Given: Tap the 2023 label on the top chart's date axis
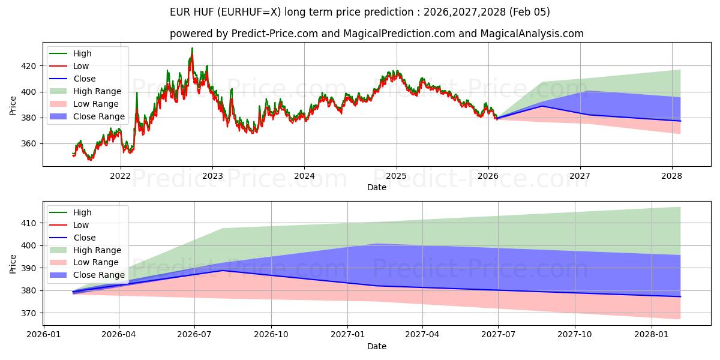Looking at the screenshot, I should (212, 176).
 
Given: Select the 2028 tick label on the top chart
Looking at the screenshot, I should (672, 176).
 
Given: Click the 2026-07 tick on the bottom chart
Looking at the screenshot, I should (195, 335).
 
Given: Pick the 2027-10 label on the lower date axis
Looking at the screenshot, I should (575, 335).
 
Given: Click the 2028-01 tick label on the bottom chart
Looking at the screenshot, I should (651, 335).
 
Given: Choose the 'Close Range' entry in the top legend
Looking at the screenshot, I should (99, 116).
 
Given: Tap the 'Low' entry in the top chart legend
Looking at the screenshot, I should (81, 66).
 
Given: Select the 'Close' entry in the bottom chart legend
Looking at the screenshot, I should (84, 238).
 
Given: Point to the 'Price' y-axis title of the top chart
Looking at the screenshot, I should (13, 106).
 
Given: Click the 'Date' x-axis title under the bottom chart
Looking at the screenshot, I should (377, 346).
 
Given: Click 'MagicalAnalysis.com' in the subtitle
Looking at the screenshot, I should (532, 34).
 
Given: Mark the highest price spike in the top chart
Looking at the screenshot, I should (192, 49).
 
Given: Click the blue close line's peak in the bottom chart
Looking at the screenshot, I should (223, 271).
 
